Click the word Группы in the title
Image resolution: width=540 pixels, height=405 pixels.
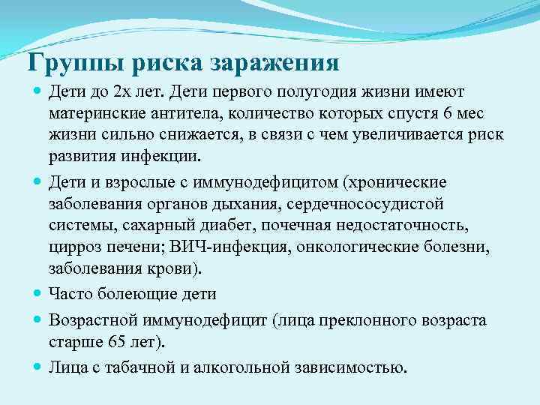click(68, 62)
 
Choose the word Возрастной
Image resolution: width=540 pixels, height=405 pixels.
click(88, 320)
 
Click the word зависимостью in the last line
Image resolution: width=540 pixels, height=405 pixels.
click(352, 367)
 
